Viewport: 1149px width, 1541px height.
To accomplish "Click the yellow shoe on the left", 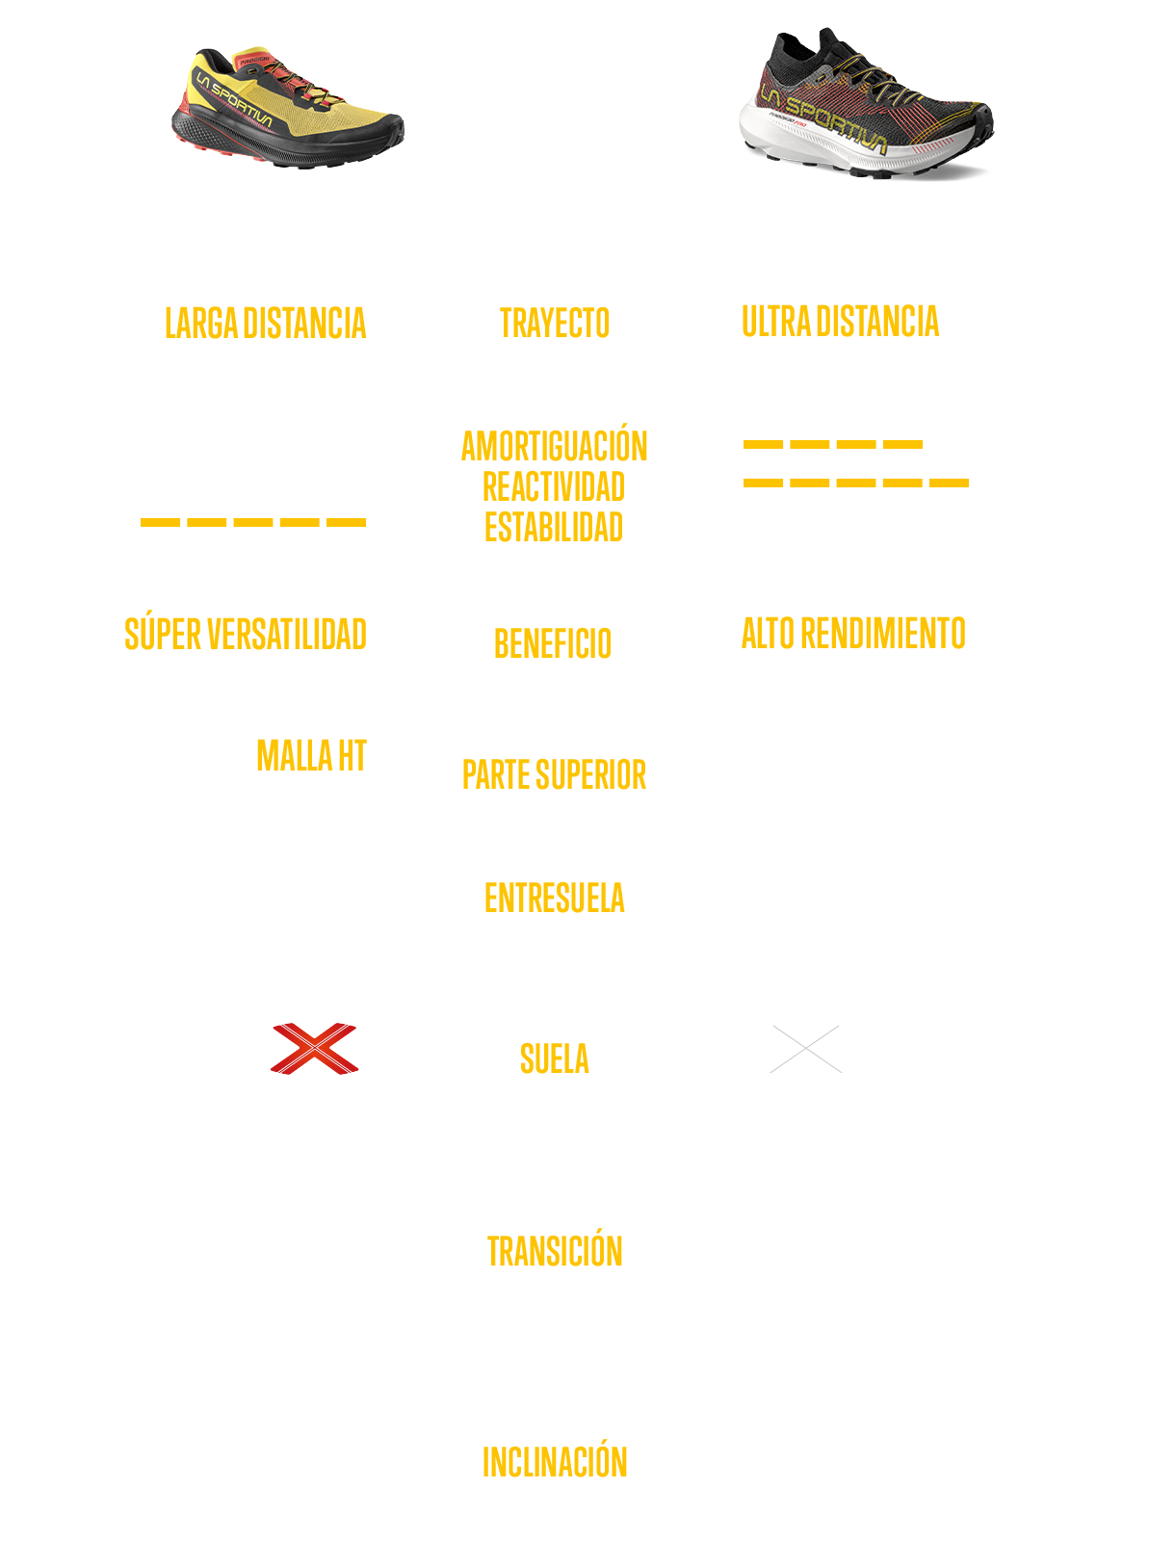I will point(287,108).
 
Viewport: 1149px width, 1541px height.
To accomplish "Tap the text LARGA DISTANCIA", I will point(265,324).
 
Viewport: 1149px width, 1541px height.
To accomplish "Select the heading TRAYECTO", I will point(555,324).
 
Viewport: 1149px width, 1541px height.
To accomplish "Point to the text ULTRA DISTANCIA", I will point(840,322).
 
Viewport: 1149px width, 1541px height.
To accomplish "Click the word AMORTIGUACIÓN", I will point(555,447).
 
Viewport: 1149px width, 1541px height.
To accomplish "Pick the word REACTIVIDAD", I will point(554,487).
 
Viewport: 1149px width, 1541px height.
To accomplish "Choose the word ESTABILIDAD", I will point(554,528).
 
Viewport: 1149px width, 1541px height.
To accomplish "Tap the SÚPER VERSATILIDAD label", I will point(245,635).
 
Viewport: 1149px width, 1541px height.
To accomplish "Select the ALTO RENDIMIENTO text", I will point(853,634).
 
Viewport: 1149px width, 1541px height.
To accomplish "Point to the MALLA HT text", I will point(311,756).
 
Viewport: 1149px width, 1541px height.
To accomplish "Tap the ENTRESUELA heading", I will point(555,899).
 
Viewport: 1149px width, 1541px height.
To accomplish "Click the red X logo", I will point(315,1049).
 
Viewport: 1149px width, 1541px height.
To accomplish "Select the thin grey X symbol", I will point(806,1049).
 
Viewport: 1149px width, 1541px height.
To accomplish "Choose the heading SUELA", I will point(555,1059).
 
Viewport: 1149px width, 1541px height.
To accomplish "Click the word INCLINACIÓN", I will point(555,1462).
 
